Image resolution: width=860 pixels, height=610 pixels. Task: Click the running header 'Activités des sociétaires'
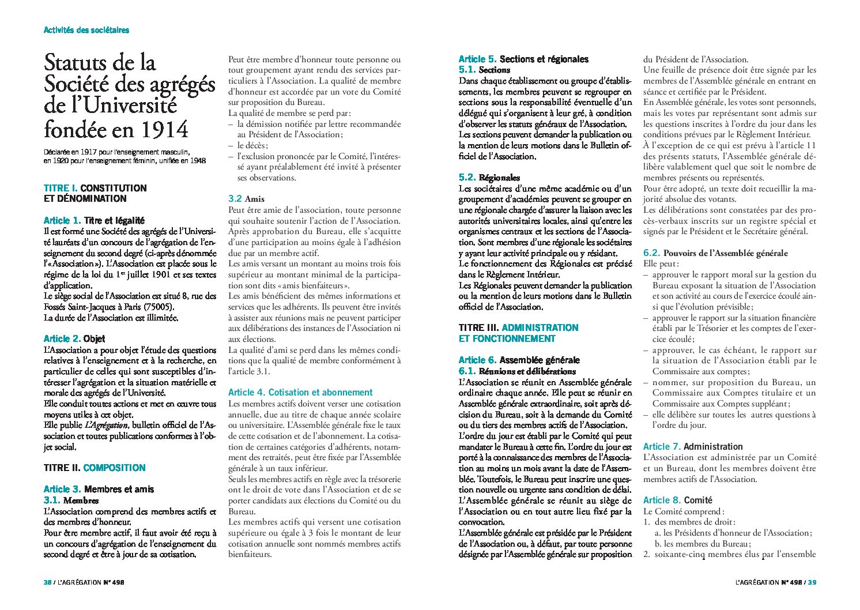[x=86, y=30]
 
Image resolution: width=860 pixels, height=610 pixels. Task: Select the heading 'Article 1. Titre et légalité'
[x=94, y=220]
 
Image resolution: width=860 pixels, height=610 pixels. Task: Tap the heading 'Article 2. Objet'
[x=74, y=338]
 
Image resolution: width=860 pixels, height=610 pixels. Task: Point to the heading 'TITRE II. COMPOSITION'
[x=95, y=468]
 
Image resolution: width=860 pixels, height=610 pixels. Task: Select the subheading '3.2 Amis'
[x=246, y=198]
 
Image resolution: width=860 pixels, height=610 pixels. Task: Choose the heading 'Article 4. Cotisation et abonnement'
[x=300, y=392]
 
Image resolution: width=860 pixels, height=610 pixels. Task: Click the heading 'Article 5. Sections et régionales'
[x=523, y=59]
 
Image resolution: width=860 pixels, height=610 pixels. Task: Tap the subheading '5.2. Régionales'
[x=489, y=178]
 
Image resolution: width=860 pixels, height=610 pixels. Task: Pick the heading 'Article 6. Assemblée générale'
[x=519, y=360]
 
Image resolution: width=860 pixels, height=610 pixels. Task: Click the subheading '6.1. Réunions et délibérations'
[x=517, y=371]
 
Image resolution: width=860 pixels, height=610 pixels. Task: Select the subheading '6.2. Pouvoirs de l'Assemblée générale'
[x=715, y=253]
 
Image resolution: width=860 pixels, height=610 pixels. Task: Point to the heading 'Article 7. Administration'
[x=693, y=446]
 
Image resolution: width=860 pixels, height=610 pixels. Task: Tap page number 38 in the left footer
[x=48, y=582]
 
